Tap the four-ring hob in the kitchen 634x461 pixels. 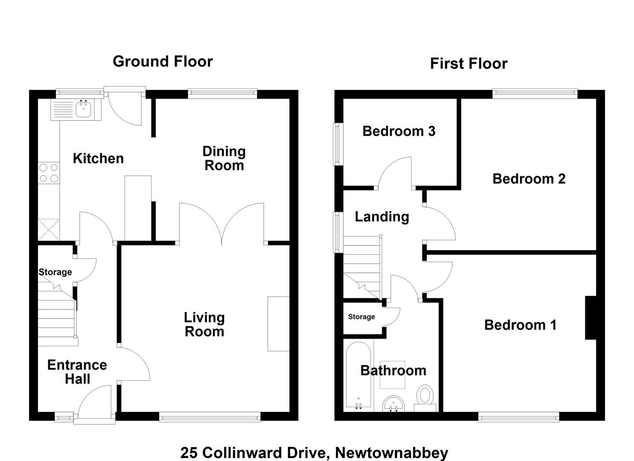[x=49, y=173]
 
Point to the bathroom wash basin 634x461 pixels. [x=393, y=404]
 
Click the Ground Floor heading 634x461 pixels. [x=163, y=61]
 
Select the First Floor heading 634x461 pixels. [x=469, y=64]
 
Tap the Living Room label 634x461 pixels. [x=205, y=324]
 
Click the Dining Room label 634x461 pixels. [x=224, y=158]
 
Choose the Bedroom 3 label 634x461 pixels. [x=399, y=131]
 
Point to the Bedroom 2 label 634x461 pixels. [x=529, y=178]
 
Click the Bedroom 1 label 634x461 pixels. [x=520, y=324]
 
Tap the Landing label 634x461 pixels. [x=382, y=217]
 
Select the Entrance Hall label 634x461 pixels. [x=77, y=372]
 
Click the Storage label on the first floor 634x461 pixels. [x=362, y=317]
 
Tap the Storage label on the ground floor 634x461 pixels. [x=55, y=272]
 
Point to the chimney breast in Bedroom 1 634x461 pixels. [x=591, y=318]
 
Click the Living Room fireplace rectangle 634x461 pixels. [x=278, y=324]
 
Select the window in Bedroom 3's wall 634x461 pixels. [x=338, y=144]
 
